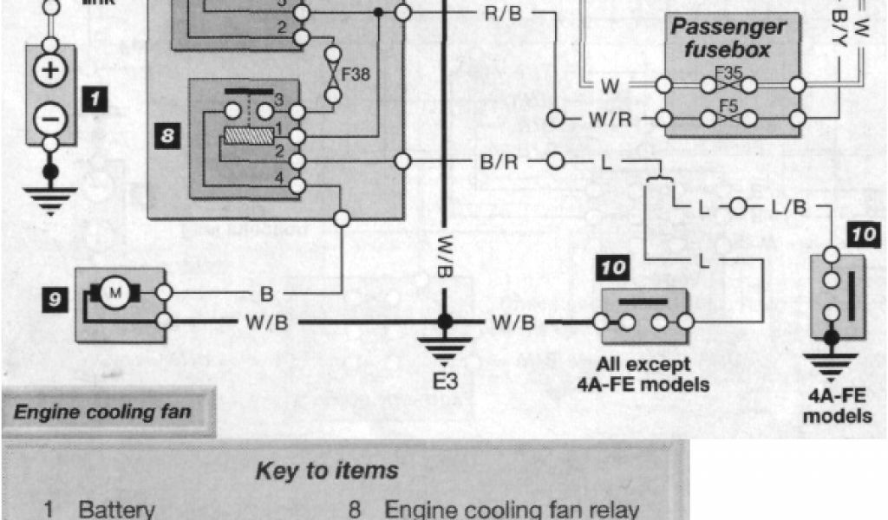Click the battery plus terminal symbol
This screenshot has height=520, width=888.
click(50, 70)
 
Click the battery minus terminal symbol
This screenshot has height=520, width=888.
click(50, 114)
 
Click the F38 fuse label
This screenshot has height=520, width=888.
click(356, 75)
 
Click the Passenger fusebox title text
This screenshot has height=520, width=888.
click(728, 38)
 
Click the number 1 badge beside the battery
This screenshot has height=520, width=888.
click(94, 99)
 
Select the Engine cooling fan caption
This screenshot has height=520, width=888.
click(102, 412)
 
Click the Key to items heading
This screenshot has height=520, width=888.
click(327, 471)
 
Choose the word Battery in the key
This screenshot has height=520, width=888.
click(115, 510)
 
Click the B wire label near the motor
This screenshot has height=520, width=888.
click(266, 295)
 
